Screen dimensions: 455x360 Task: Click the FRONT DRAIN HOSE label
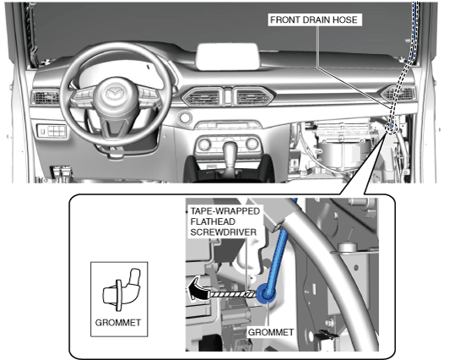coord(314,19)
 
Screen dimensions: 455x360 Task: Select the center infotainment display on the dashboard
coord(227,57)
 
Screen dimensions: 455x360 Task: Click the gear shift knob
coord(230,150)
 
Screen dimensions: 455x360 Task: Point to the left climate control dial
coord(204,144)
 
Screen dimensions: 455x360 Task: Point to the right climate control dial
coord(252,144)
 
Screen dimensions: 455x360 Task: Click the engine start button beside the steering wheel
coord(185,117)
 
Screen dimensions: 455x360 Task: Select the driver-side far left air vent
coord(45,97)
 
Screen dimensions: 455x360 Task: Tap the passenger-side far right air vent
coord(398,93)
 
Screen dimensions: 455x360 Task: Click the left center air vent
coord(203,96)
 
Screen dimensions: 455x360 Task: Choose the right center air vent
coord(252,96)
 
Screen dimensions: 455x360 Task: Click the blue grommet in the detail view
coord(265,293)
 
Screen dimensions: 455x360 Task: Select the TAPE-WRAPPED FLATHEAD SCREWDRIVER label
coord(225,221)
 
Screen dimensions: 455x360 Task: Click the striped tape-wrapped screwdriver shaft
coord(232,294)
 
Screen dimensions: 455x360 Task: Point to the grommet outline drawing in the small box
coord(121,290)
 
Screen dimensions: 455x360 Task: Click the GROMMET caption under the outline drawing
coord(118,323)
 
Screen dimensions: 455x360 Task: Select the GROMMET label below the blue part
coord(270,332)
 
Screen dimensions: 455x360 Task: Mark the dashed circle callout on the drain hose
coord(391,128)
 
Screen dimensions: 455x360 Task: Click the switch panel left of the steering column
coord(52,131)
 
